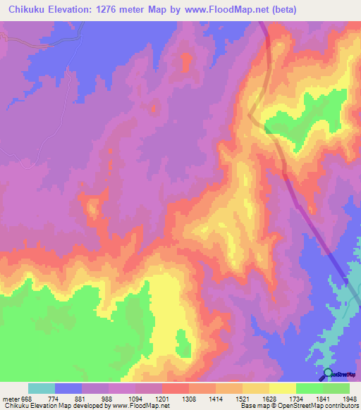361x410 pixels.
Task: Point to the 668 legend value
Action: [27, 399]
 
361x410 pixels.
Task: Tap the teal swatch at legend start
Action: [42, 388]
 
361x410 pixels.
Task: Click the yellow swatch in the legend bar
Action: [283, 388]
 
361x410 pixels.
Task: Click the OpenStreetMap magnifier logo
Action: [327, 373]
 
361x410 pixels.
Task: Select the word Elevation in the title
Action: [73, 9]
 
